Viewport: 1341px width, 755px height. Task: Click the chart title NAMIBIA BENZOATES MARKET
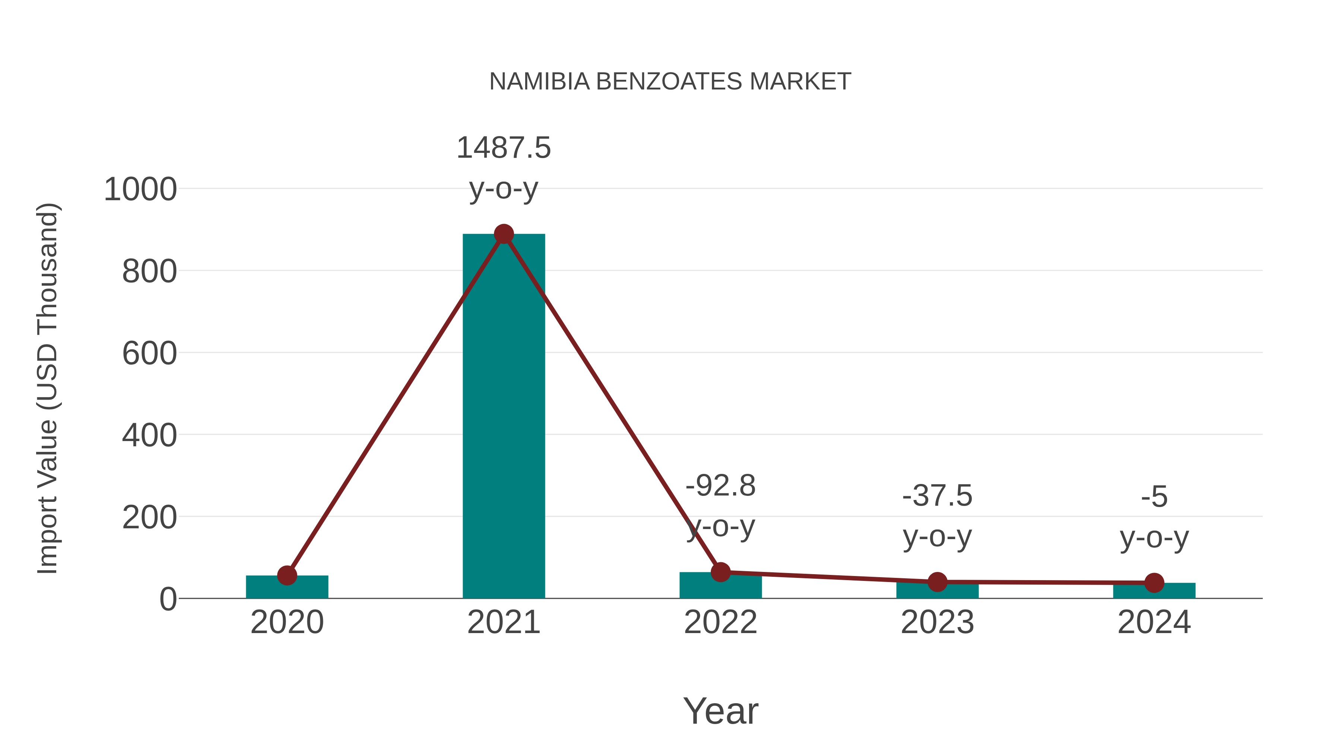point(670,82)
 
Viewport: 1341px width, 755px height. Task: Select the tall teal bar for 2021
point(503,417)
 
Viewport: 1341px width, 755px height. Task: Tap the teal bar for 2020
point(287,587)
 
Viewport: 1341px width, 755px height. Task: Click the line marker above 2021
point(503,235)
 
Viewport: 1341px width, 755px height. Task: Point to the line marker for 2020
point(287,576)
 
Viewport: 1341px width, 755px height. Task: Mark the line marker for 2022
point(720,572)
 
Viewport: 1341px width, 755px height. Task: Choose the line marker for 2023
point(937,582)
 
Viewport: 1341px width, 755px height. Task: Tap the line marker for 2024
point(1154,583)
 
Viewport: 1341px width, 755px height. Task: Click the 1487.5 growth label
point(503,148)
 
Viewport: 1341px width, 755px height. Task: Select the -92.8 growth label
point(720,486)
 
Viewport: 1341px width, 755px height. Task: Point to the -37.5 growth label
point(937,496)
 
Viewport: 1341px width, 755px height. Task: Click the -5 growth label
point(1154,497)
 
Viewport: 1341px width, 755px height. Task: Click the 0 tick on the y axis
point(168,599)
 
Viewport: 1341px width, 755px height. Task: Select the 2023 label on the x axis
point(937,623)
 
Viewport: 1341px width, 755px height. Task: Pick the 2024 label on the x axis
point(1154,623)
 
